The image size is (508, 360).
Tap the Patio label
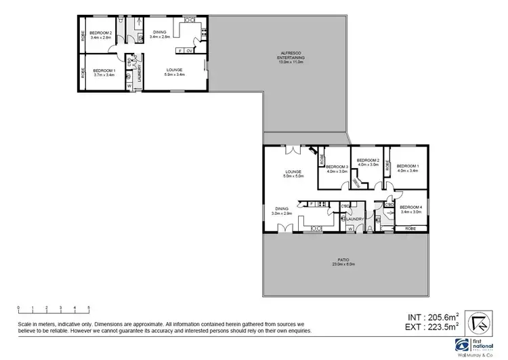click(345, 259)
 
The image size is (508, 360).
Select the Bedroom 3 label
click(337, 167)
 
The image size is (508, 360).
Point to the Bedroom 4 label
click(410, 207)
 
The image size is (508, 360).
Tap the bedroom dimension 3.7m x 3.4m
click(104, 75)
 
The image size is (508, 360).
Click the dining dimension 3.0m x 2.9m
click(281, 214)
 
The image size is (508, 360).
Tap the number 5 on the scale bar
click(88, 308)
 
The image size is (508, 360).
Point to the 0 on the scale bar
click(18, 308)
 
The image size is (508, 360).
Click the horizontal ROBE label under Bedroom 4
click(410, 228)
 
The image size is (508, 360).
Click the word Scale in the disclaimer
click(25, 325)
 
